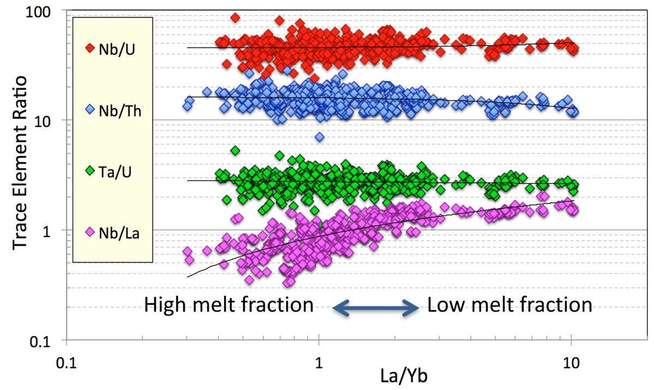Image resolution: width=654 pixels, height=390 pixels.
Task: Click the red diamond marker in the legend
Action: pos(91,48)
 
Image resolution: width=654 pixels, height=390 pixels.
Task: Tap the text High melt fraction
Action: pos(229,305)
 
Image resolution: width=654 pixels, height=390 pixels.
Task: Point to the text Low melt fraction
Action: pos(510,305)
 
